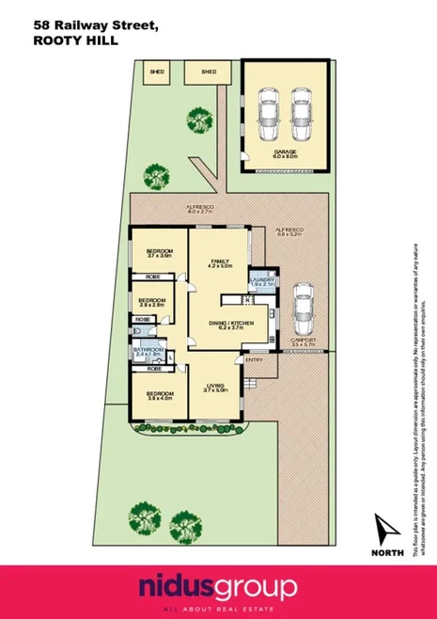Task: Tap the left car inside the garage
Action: tap(269, 110)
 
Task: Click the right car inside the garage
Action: tap(301, 110)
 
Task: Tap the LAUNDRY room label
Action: tap(262, 280)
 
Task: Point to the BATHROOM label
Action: tap(148, 352)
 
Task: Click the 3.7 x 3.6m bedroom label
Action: tap(157, 254)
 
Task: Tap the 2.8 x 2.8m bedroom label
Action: tap(151, 302)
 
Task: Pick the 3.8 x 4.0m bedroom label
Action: tap(160, 396)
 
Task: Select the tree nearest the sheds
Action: tap(199, 120)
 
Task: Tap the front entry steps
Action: tap(251, 383)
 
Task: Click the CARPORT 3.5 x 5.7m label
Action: tap(302, 342)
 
